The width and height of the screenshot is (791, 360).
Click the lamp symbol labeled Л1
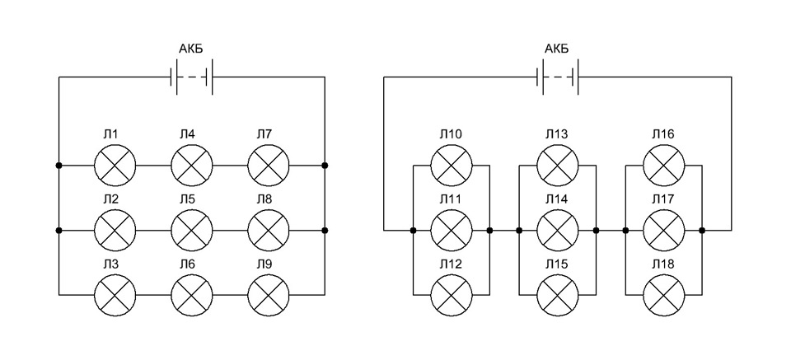(x=115, y=165)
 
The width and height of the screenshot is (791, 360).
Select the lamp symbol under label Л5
(x=192, y=231)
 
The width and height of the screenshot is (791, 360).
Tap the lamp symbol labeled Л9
(x=269, y=295)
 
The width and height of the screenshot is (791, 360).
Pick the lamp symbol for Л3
(x=115, y=295)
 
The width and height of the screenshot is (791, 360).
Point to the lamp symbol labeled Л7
(x=269, y=165)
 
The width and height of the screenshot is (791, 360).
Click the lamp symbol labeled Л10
(x=452, y=165)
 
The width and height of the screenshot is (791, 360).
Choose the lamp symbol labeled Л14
(x=558, y=231)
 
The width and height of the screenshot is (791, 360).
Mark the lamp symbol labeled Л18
(x=664, y=295)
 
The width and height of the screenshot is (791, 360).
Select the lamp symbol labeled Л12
(x=452, y=295)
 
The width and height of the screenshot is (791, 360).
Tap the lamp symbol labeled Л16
(x=664, y=165)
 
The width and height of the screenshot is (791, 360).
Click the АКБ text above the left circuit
(x=191, y=49)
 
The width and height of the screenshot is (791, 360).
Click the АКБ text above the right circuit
(x=557, y=49)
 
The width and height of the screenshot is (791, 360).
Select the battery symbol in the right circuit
(x=558, y=77)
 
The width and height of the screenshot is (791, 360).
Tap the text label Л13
(x=556, y=134)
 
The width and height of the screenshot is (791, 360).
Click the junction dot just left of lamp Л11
(x=413, y=231)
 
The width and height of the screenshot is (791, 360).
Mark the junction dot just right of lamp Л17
(x=702, y=231)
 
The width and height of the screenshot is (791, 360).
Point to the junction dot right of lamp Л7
(x=325, y=165)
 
